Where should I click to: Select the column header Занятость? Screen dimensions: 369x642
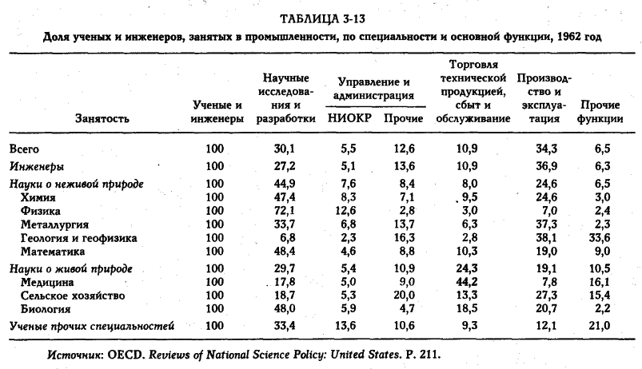tap(102, 118)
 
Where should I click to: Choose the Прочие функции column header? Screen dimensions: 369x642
tap(600, 112)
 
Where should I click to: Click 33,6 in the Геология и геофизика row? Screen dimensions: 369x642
tap(600, 238)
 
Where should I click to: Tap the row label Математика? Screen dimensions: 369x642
tap(53, 252)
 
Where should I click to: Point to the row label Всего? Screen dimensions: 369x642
tap(24, 148)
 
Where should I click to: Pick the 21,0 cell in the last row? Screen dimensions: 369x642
tap(600, 325)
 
